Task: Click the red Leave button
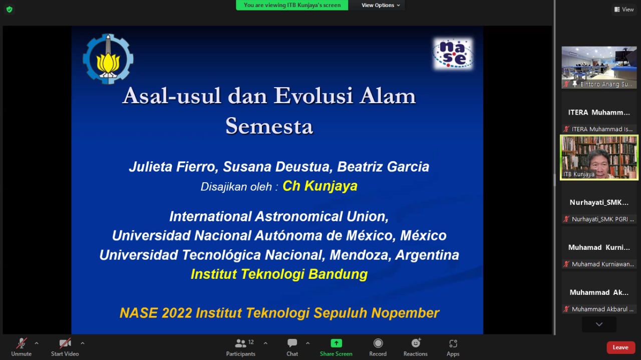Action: point(620,347)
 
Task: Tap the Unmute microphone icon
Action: point(22,343)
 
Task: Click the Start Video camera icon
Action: point(65,343)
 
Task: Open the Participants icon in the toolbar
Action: point(240,343)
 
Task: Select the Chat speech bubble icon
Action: point(292,343)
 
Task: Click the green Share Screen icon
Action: point(336,343)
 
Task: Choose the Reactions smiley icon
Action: point(416,343)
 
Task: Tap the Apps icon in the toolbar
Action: point(453,343)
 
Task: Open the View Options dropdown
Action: point(381,5)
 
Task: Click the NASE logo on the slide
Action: point(453,54)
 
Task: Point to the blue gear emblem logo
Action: point(108,59)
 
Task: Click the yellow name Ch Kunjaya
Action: point(320,186)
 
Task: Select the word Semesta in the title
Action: point(269,126)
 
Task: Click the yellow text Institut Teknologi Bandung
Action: point(279,274)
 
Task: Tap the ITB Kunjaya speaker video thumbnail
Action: point(599,157)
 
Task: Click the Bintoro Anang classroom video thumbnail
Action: point(599,67)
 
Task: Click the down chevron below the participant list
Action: point(599,324)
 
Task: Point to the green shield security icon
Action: point(10,10)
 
